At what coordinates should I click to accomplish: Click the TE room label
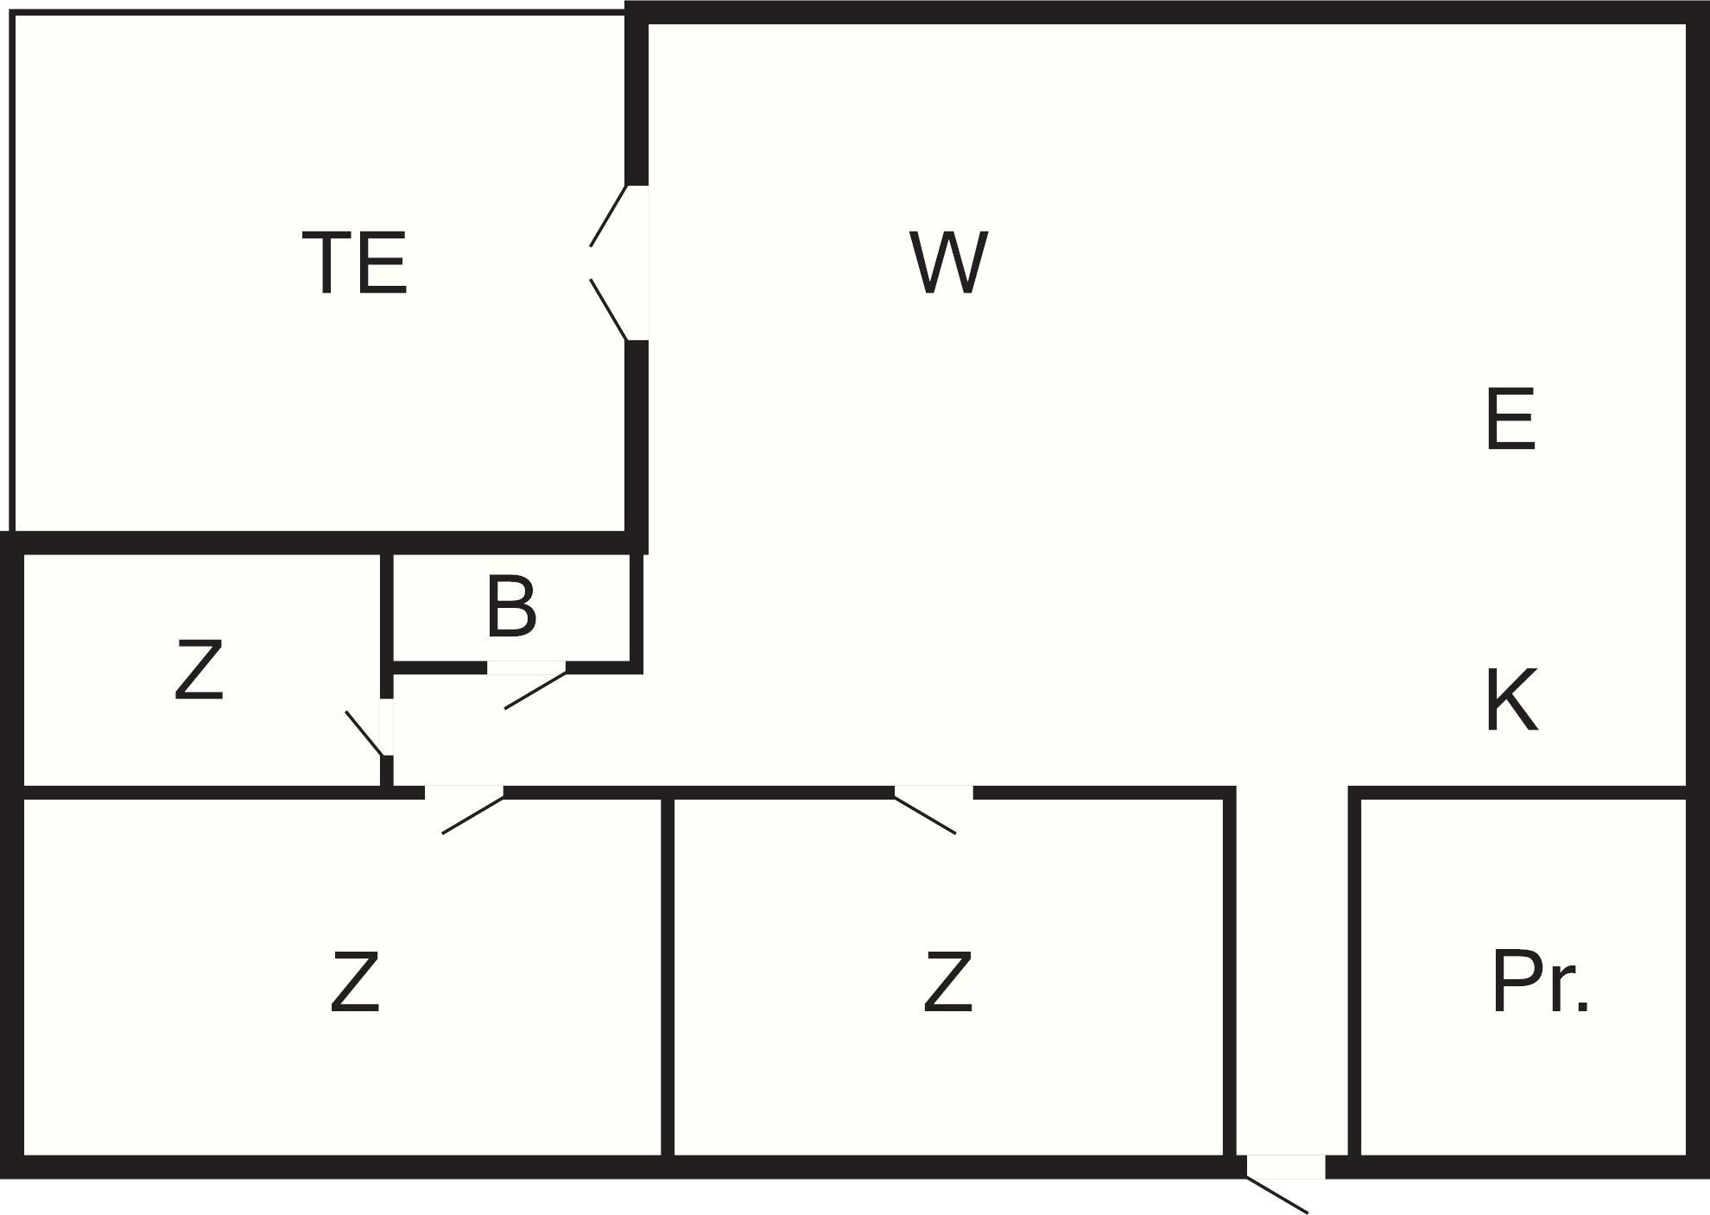click(355, 263)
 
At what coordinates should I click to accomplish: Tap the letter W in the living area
click(948, 263)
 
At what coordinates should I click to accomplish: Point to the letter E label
click(1510, 420)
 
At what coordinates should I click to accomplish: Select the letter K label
click(1511, 699)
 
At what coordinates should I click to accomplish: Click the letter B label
click(511, 607)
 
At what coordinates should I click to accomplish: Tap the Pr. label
click(1540, 982)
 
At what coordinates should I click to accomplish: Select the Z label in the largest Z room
click(355, 982)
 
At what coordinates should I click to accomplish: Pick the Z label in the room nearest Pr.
click(947, 982)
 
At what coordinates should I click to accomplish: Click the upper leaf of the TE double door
click(608, 216)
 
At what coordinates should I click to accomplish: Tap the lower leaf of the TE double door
click(608, 309)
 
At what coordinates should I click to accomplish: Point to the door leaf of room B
click(535, 690)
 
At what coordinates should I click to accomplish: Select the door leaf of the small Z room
click(364, 733)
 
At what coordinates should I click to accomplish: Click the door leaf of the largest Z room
click(472, 814)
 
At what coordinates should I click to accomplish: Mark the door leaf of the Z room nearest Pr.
click(925, 814)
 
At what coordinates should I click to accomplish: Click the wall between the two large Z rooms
click(667, 976)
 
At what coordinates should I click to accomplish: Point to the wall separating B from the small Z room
click(387, 609)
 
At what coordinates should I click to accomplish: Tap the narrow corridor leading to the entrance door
click(1292, 967)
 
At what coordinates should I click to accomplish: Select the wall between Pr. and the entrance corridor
click(1354, 976)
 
